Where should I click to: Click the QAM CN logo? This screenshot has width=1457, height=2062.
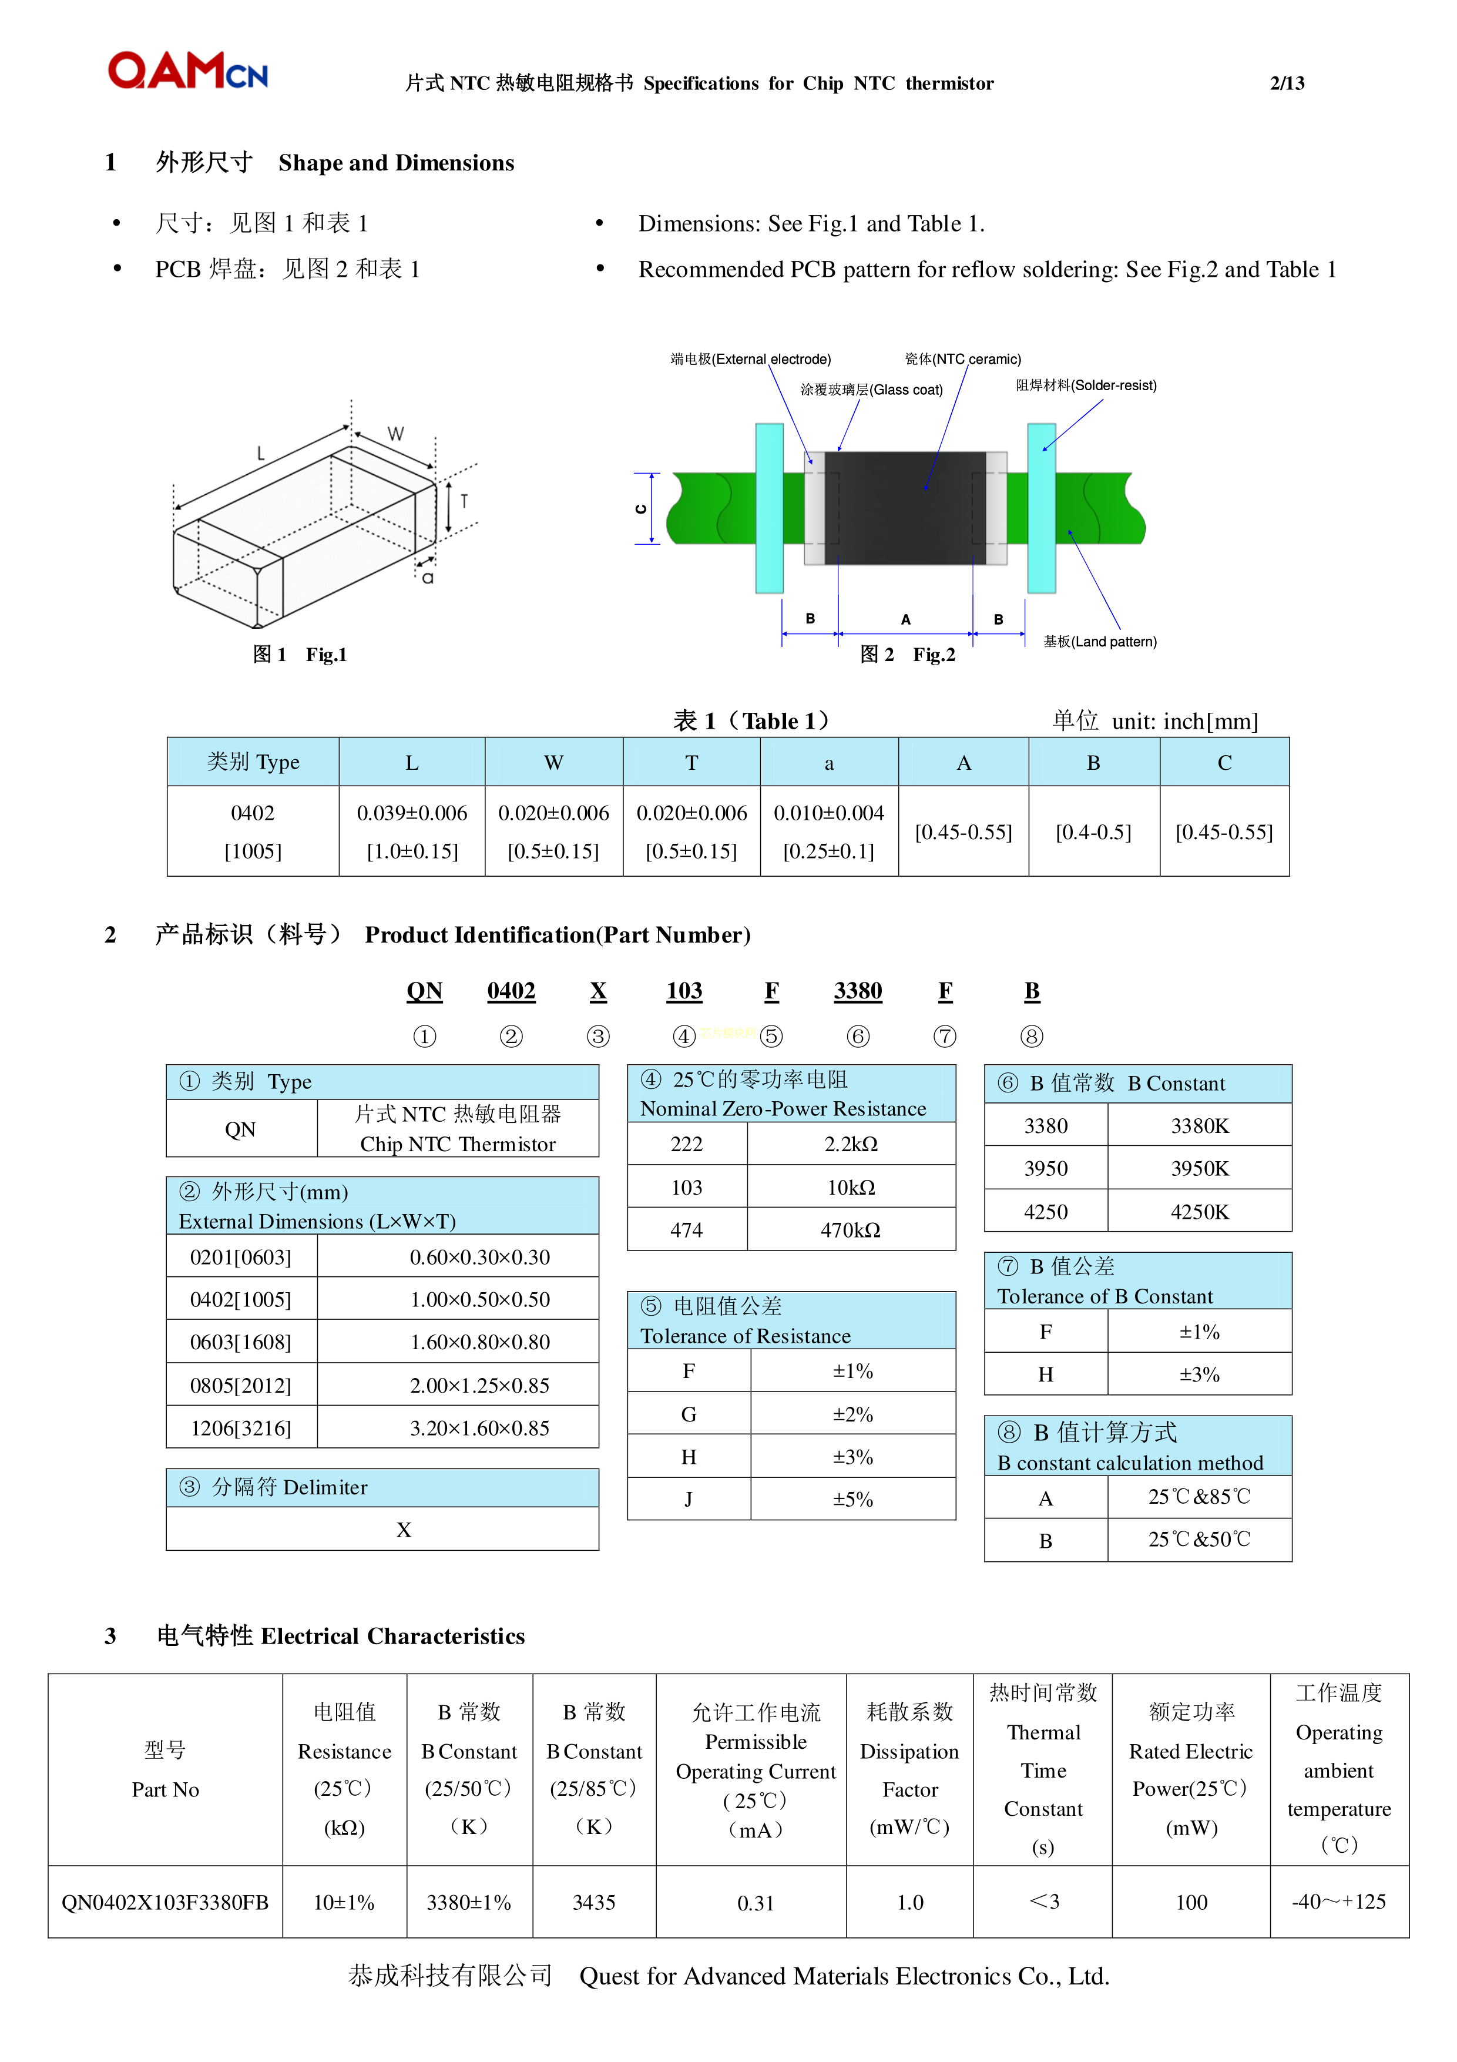pyautogui.click(x=187, y=71)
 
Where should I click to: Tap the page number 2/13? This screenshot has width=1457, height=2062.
pyautogui.click(x=1287, y=83)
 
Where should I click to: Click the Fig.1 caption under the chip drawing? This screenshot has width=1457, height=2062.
pyautogui.click(x=299, y=655)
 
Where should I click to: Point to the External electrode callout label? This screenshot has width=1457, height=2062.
pyautogui.click(x=750, y=359)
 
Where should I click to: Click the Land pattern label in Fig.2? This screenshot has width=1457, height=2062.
pyautogui.click(x=1100, y=641)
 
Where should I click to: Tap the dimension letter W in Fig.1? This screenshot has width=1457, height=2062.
pyautogui.click(x=395, y=434)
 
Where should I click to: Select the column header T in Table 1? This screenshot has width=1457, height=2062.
pyautogui.click(x=691, y=763)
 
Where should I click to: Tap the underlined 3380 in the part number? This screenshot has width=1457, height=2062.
pyautogui.click(x=857, y=991)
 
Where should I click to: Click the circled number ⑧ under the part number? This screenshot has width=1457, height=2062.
pyautogui.click(x=1032, y=1037)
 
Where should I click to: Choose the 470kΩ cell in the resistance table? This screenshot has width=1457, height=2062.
pyautogui.click(x=850, y=1231)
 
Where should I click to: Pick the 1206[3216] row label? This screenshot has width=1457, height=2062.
pyautogui.click(x=241, y=1428)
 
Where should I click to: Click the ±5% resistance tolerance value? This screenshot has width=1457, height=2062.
pyautogui.click(x=852, y=1499)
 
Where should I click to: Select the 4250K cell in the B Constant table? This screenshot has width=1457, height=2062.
pyautogui.click(x=1199, y=1212)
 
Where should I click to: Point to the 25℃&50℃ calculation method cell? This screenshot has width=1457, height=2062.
pyautogui.click(x=1198, y=1540)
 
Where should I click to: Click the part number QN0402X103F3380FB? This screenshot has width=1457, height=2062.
pyautogui.click(x=165, y=1902)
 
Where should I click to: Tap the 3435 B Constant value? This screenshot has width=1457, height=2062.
pyautogui.click(x=593, y=1902)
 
